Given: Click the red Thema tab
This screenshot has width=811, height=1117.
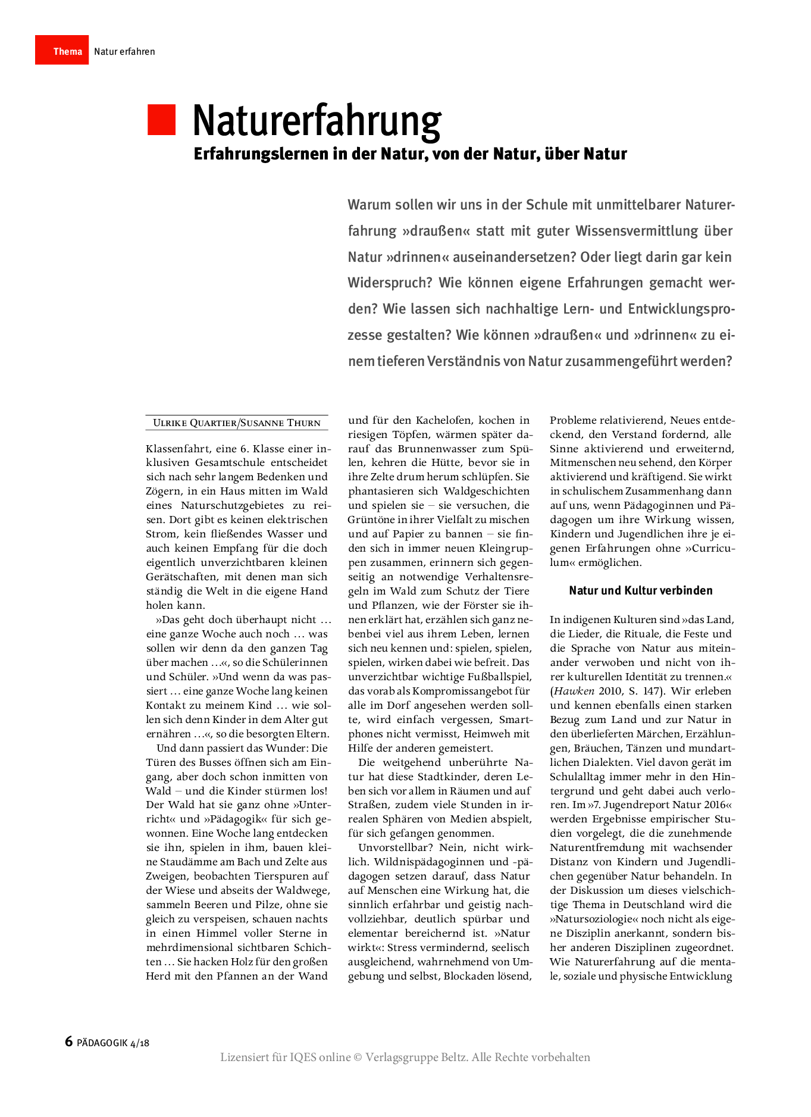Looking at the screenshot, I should point(62,51).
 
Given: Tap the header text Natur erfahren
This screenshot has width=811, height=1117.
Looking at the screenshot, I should point(124,52).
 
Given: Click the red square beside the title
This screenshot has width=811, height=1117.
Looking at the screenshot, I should point(161,120).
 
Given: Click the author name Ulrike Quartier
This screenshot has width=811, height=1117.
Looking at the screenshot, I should point(194,423).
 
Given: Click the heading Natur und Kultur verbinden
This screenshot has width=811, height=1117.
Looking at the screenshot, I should point(640,590).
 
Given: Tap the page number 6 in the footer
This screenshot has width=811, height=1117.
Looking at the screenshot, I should point(69,1041).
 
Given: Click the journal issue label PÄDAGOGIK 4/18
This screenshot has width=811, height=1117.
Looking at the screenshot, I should point(113,1043).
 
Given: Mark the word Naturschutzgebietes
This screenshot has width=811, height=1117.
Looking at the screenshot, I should point(231,506).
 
